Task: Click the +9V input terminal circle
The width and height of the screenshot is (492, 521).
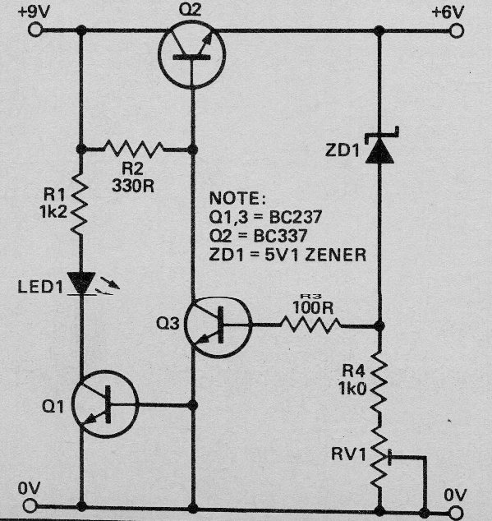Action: pos(34,30)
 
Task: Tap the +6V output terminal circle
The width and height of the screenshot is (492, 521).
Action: pos(457,31)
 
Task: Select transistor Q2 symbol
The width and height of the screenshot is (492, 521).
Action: pos(191,56)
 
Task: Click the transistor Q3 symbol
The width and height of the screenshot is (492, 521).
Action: pos(218,327)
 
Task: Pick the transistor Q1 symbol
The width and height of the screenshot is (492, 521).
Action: pos(105,404)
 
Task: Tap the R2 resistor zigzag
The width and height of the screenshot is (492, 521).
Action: pos(134,149)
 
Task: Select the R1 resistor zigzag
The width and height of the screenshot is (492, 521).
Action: pos(80,204)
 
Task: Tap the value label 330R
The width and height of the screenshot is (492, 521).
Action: pos(133,186)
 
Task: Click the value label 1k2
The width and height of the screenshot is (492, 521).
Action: pos(53,212)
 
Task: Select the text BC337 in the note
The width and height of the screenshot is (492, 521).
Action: pos(280,236)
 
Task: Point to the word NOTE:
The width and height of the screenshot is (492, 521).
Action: pos(237,198)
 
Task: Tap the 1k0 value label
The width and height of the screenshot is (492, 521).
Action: pos(352,388)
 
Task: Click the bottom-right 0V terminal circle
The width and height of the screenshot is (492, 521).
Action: pos(457,512)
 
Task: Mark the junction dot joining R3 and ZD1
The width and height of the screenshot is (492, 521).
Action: pos(379,326)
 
